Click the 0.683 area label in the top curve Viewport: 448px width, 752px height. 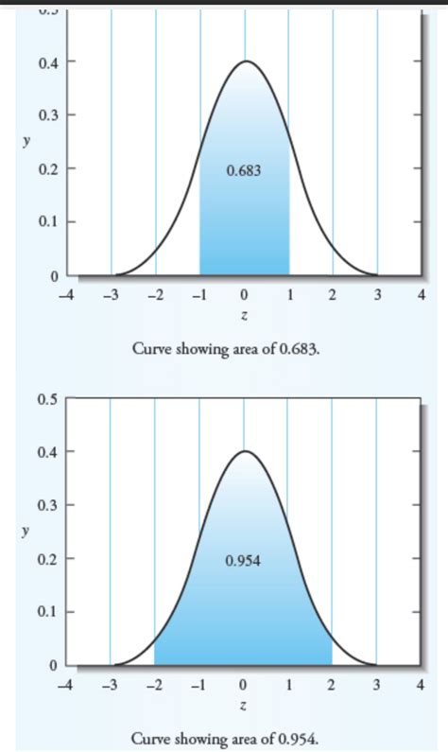coord(244,171)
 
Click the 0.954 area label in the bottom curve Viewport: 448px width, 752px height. coord(244,560)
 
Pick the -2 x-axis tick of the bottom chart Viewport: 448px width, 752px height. coord(155,684)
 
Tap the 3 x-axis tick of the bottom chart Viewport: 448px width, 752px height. coord(377,684)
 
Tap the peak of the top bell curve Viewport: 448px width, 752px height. coord(245,61)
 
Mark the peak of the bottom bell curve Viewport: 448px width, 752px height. coord(245,451)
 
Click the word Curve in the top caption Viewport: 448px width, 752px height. coord(150,350)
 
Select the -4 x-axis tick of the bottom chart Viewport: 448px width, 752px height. coord(64,684)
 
